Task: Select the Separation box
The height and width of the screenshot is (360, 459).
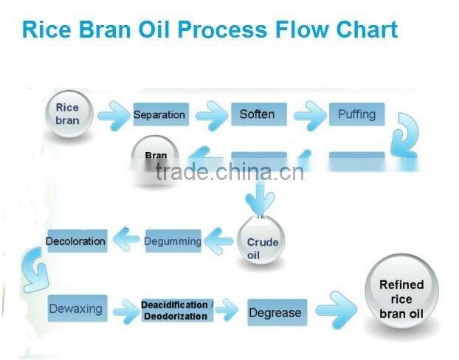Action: [159, 115]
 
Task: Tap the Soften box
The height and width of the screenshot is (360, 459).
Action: [257, 114]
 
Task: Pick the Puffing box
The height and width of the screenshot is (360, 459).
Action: [356, 114]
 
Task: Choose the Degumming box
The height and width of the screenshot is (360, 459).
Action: [173, 241]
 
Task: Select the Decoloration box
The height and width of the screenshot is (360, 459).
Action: [75, 241]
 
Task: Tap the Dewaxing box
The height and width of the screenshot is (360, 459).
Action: [75, 309]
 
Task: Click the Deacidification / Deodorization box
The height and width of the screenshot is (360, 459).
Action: [177, 311]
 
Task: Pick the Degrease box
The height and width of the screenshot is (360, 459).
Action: [275, 313]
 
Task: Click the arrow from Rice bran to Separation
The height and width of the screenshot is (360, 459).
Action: [112, 115]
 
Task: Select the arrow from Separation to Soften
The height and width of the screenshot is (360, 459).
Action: [211, 115]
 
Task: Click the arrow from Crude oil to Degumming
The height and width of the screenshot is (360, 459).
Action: [219, 238]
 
